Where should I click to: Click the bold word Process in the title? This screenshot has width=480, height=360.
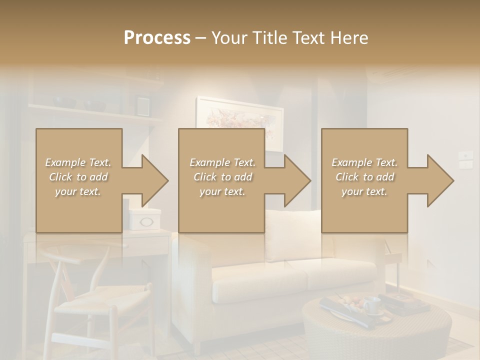(157, 38)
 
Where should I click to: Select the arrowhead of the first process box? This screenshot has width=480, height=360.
(152, 180)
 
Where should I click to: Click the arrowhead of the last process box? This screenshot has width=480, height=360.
(438, 180)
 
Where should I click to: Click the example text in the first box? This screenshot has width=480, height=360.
(78, 177)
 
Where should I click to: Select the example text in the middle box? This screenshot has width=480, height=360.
(222, 177)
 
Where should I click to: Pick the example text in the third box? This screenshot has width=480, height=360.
(364, 177)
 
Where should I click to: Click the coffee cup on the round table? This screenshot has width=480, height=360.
(371, 305)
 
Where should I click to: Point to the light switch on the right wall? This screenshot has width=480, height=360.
(466, 159)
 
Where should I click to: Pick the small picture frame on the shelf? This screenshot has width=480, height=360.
(143, 105)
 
